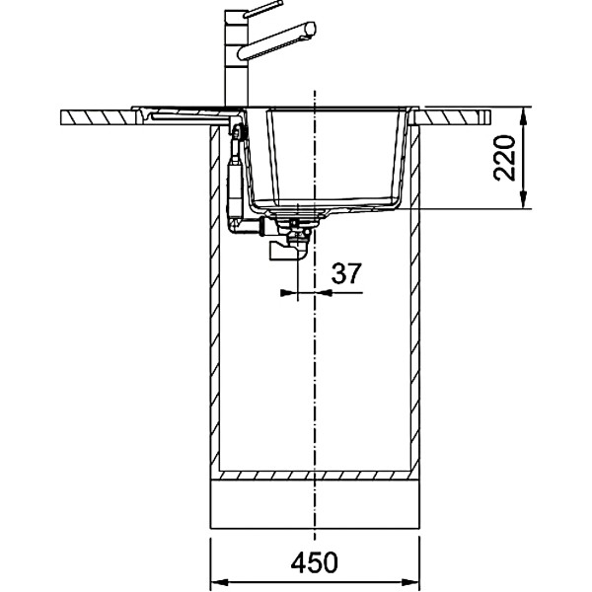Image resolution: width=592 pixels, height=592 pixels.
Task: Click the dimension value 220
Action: click(x=504, y=158)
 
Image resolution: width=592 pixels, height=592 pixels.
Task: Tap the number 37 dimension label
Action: click(x=346, y=273)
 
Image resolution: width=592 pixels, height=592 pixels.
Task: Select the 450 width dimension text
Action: click(x=314, y=563)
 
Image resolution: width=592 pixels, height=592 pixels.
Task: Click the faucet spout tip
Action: click(x=311, y=30)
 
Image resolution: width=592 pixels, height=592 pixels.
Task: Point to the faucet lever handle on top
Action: click(x=263, y=9)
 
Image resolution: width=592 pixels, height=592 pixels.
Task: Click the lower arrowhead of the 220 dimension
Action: click(x=523, y=199)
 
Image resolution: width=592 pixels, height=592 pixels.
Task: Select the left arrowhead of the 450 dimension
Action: click(x=219, y=582)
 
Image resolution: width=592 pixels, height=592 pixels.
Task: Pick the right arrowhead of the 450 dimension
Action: click(x=410, y=582)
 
